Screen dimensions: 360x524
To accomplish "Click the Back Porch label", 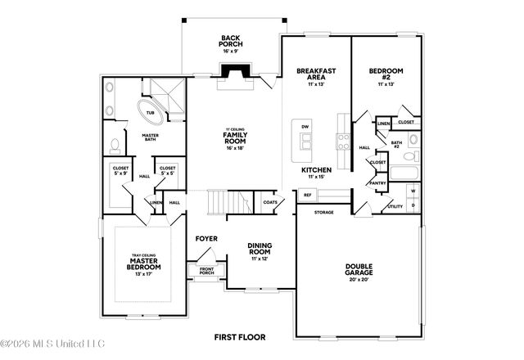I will click(229, 41).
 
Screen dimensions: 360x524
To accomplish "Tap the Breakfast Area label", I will click(316, 77).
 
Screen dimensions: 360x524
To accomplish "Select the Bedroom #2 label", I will click(385, 77).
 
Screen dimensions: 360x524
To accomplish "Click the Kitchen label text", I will click(316, 171).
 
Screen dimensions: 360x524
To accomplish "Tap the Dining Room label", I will click(260, 250).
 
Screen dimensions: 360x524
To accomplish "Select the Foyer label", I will click(206, 239).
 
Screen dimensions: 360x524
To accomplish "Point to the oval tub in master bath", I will click(152, 113).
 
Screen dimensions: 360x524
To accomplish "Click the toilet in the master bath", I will click(115, 146).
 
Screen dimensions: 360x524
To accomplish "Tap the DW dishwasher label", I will click(305, 127).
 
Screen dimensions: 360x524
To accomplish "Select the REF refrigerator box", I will click(308, 196).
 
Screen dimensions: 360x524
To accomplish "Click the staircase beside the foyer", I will click(222, 200).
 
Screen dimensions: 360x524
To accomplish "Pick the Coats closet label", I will click(269, 201).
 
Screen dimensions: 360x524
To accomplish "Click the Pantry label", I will click(377, 183).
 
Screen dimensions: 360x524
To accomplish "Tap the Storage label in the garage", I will click(324, 211).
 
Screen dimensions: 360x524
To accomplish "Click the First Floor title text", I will click(240, 336).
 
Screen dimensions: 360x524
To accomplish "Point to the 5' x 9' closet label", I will click(119, 170).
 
